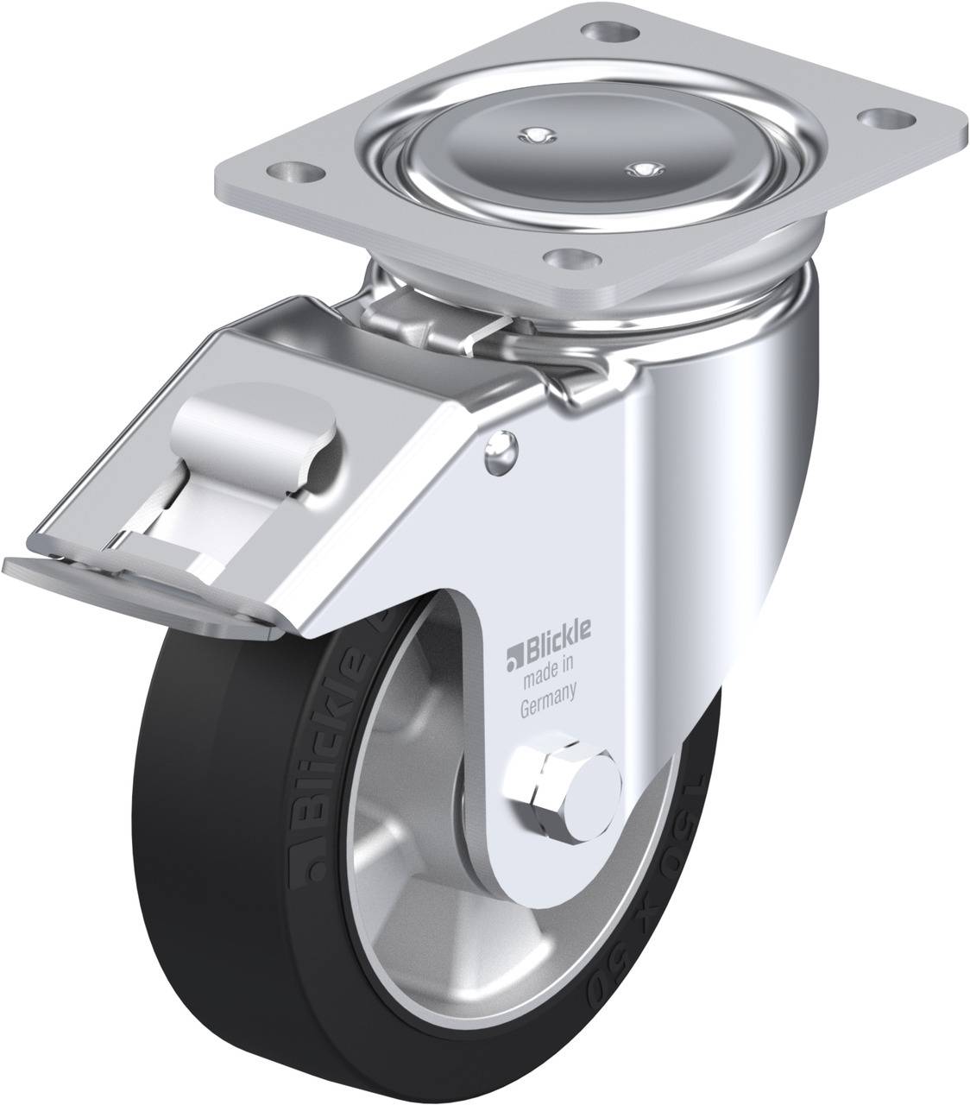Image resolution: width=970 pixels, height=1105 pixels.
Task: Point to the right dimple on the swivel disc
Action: coord(640,169)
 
